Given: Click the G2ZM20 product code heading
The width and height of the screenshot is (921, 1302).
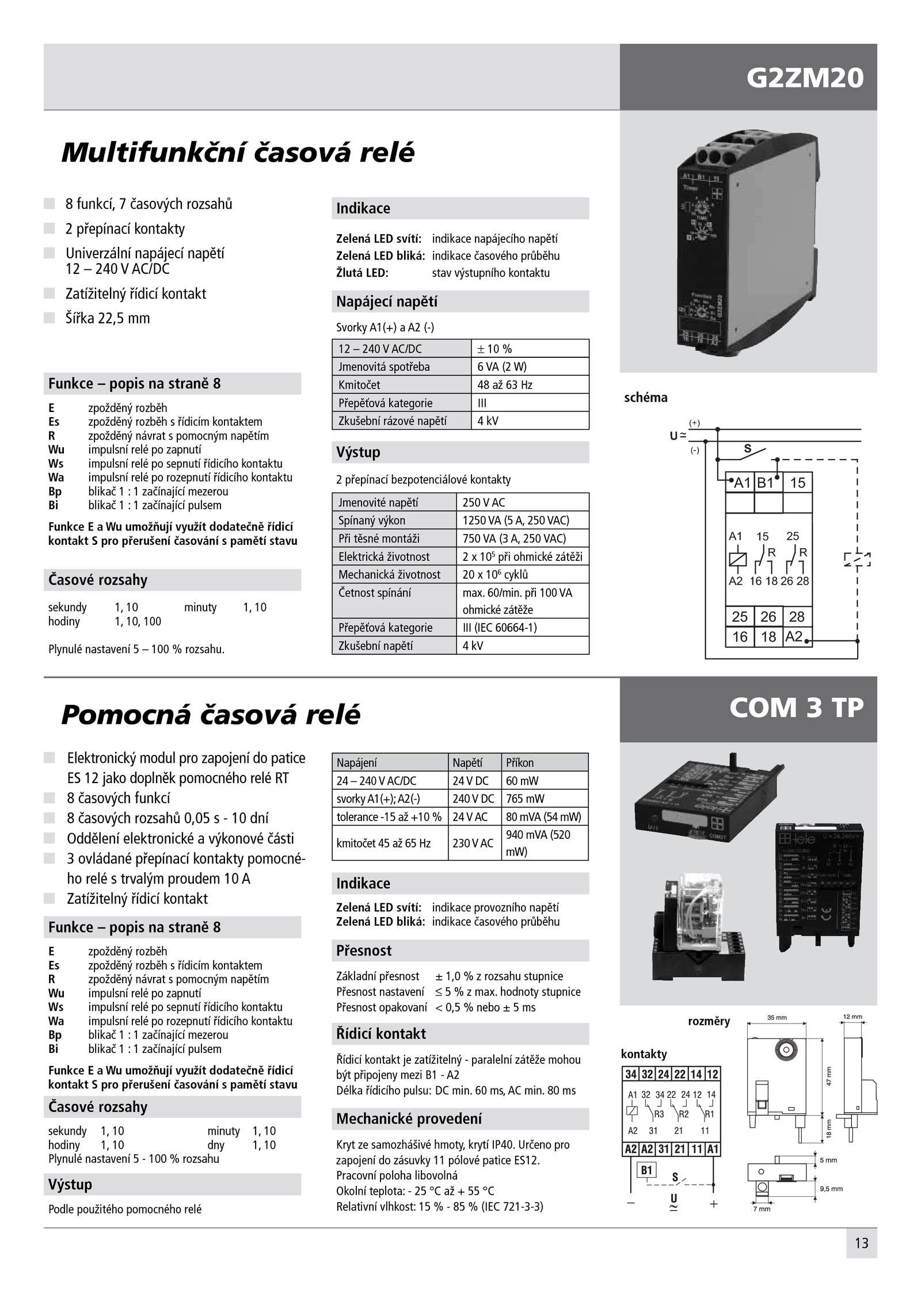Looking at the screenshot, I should [x=804, y=78].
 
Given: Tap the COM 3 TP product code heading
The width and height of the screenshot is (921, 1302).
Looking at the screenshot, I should [x=796, y=708].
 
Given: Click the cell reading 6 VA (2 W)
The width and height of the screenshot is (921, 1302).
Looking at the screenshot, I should [x=530, y=366].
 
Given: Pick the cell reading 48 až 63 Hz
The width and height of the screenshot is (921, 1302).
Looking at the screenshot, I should [x=530, y=385].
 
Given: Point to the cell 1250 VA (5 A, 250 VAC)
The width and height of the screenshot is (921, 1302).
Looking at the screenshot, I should [x=522, y=520].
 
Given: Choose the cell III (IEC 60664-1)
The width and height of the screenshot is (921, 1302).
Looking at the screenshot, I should [x=522, y=627].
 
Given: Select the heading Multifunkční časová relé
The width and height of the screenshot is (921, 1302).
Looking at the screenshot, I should [x=238, y=153].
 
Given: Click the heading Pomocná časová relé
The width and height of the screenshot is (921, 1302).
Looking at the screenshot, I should [x=211, y=715].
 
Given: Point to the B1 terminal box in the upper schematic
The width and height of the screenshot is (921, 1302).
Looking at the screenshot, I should [x=767, y=483].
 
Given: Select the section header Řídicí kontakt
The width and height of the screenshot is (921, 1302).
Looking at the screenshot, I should [x=381, y=1034].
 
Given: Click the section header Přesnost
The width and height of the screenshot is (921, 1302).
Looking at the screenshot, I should [x=364, y=950].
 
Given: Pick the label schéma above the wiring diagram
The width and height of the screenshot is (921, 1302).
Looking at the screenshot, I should [x=645, y=398].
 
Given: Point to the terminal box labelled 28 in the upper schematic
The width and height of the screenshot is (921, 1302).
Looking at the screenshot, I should [x=797, y=617].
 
